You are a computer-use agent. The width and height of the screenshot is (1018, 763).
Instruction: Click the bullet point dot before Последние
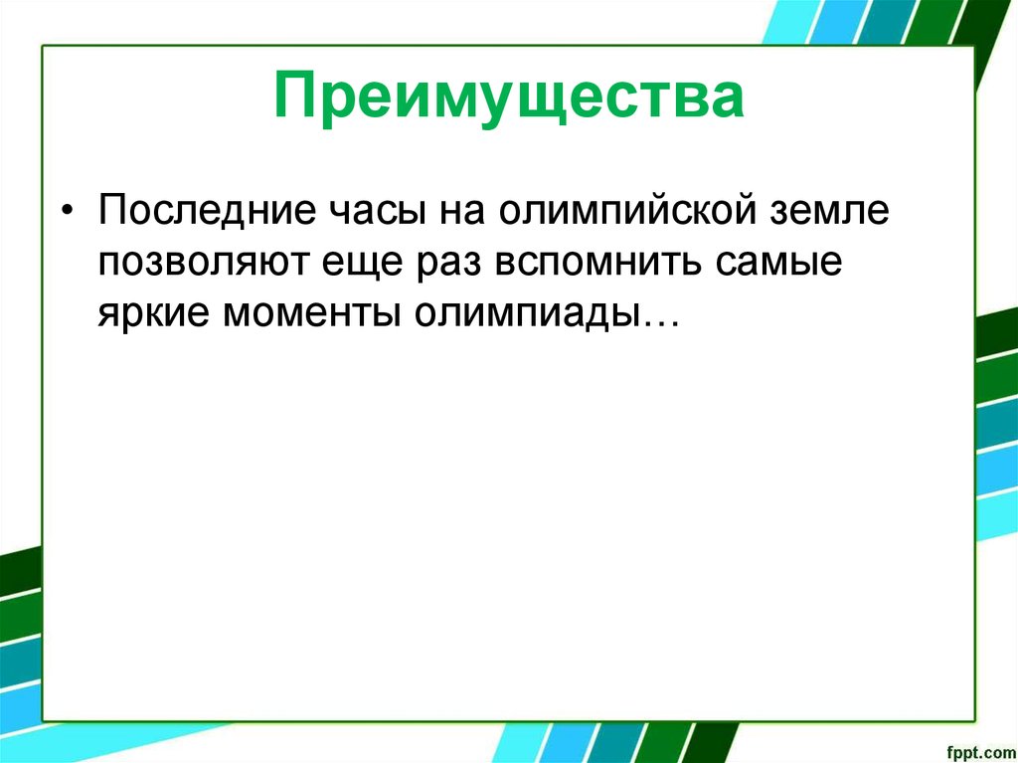click(67, 212)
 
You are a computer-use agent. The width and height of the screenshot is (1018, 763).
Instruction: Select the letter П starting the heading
click(293, 97)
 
